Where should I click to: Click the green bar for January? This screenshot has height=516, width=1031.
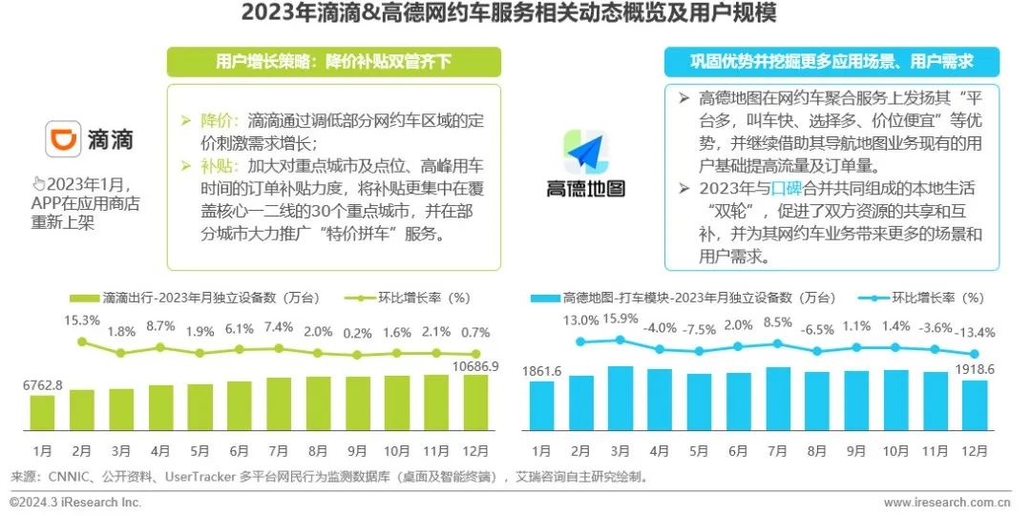[42, 411]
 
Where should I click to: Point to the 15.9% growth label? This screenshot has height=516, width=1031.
[621, 319]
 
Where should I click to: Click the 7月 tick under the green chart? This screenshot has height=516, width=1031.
[279, 450]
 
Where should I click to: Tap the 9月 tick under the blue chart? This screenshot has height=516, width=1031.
[856, 450]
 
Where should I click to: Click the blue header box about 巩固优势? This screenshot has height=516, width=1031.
[831, 62]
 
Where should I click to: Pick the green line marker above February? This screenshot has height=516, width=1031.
[82, 341]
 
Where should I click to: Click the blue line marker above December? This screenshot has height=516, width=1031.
[975, 353]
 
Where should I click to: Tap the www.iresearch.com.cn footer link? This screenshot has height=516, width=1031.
[947, 502]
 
